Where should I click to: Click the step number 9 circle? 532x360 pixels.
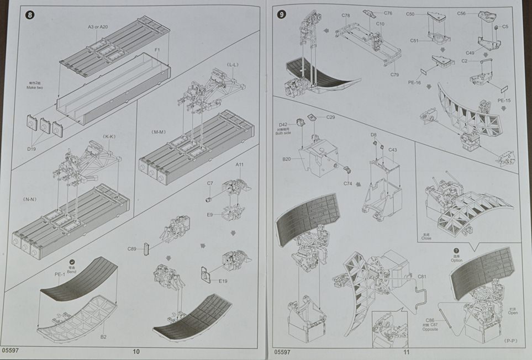[282, 15]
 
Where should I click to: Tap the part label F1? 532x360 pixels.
[157, 50]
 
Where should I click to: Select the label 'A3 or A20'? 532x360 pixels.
[97, 27]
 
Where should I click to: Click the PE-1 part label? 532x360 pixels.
[60, 273]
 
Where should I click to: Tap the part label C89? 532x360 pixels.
[131, 249]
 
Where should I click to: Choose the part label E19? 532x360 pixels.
[223, 282]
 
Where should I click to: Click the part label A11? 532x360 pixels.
[239, 165]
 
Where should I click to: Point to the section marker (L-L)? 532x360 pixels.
[232, 65]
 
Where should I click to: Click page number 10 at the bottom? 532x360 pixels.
[136, 352]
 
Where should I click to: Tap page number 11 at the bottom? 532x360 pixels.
[406, 352]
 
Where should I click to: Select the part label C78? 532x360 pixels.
[346, 15]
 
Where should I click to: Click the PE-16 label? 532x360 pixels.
[414, 82]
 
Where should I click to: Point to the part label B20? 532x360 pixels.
[286, 159]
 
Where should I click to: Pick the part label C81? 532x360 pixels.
[423, 277]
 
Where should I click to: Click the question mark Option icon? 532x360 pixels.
[456, 252]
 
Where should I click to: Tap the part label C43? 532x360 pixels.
[393, 150]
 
